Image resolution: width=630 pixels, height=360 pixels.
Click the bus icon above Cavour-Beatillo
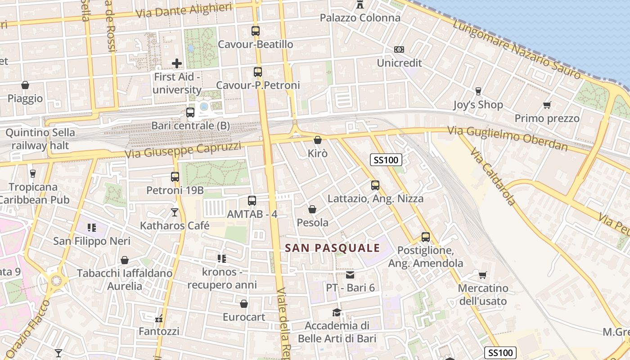click(x=256, y=31)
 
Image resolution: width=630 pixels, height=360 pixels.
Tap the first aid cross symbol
click(x=177, y=63)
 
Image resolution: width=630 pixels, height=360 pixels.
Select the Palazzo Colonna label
click(x=360, y=18)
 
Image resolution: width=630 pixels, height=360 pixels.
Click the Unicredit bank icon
click(x=399, y=49)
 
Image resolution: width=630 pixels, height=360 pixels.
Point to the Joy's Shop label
click(x=478, y=105)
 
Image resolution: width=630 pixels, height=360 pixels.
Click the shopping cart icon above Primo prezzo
click(x=547, y=105)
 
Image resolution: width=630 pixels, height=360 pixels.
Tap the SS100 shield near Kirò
click(x=386, y=160)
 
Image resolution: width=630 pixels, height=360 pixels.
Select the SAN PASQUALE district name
click(x=333, y=248)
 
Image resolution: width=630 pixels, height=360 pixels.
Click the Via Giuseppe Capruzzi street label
click(x=183, y=150)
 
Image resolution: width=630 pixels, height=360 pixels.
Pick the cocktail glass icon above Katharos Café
click(x=175, y=212)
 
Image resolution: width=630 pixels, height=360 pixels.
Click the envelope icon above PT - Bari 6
click(x=350, y=274)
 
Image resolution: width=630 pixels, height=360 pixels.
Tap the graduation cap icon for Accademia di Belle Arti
click(x=337, y=312)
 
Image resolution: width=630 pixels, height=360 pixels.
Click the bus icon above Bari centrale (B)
click(x=190, y=112)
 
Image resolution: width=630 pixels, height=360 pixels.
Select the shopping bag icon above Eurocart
click(x=244, y=304)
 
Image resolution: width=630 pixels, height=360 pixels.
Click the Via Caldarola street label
click(x=493, y=175)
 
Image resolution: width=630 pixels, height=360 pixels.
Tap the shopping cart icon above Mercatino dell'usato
click(x=482, y=275)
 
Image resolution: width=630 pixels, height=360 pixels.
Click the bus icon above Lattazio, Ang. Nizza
click(x=375, y=185)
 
